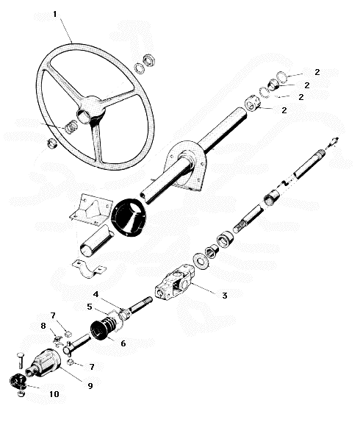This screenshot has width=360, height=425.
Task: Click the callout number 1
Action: pyautogui.click(x=55, y=14)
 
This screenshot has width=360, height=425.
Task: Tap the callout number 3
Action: pyautogui.click(x=225, y=296)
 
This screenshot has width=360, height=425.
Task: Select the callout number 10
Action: pyautogui.click(x=54, y=394)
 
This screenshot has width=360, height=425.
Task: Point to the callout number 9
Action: pyautogui.click(x=90, y=386)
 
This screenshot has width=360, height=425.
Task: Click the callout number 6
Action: pyautogui.click(x=123, y=343)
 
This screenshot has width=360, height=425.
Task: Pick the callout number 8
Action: pyautogui.click(x=43, y=326)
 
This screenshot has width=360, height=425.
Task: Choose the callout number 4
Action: pyautogui.click(x=96, y=294)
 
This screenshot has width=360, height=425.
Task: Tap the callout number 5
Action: pyautogui.click(x=90, y=307)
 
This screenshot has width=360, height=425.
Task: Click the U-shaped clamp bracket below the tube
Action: pyautogui.click(x=89, y=269)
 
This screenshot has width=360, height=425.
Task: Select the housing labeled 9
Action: pyautogui.click(x=43, y=363)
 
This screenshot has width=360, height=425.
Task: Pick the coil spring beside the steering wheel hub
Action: pyautogui.click(x=71, y=126)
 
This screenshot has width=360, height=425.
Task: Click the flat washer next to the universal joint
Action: pyautogui.click(x=201, y=261)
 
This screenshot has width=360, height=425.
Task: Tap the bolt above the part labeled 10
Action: pyautogui.click(x=21, y=360)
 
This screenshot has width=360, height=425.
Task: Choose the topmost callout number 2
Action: pyautogui.click(x=317, y=72)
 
